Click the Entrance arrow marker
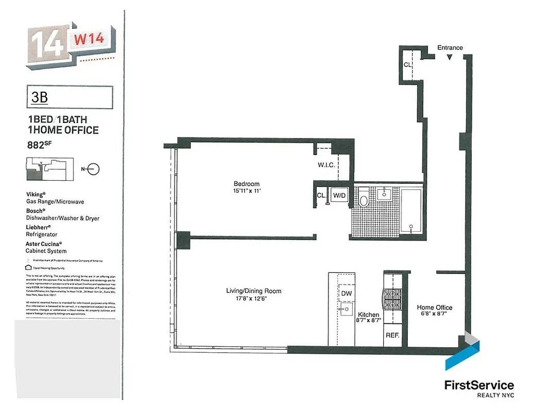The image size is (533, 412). [450, 57]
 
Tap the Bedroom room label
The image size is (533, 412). [247, 184]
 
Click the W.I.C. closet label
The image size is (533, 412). [326, 165]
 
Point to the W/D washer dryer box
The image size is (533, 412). [339, 196]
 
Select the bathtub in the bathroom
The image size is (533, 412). [411, 210]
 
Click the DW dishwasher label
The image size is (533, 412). [346, 293]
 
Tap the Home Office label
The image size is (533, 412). [434, 307]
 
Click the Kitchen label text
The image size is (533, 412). [368, 315]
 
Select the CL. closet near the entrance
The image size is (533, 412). [407, 64]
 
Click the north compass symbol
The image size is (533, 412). [93, 168]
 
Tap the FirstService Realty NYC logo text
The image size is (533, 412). [478, 385]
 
